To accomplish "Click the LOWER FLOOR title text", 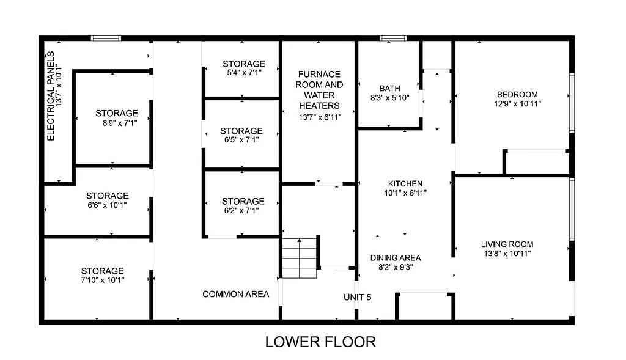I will (x=320, y=342).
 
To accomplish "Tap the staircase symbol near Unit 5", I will (x=300, y=257).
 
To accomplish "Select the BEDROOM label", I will (x=517, y=94).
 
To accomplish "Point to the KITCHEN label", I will (x=405, y=183).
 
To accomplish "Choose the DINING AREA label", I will (x=395, y=257).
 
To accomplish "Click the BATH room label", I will (x=389, y=89).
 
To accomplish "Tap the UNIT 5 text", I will (x=357, y=297).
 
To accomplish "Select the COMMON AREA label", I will (x=235, y=294).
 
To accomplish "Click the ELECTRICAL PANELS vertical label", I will (x=51, y=96).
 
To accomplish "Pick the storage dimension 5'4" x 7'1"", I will (x=243, y=72).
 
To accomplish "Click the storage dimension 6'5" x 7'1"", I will (x=241, y=139).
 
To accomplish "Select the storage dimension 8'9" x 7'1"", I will (x=116, y=122).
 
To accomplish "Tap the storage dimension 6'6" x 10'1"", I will (x=107, y=205).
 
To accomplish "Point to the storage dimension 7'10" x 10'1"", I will (x=103, y=280).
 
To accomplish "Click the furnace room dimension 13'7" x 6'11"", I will (x=319, y=117).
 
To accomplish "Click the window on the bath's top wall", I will (x=393, y=39).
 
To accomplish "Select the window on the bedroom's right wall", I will (x=572, y=103).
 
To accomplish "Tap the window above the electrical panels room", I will (x=106, y=39).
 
